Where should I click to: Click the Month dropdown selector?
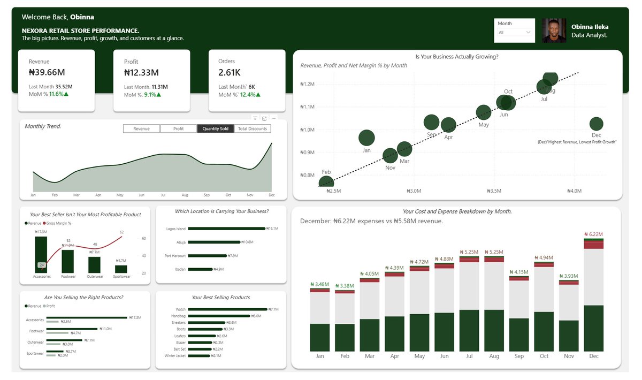(514, 33)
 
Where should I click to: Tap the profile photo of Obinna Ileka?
(554, 31)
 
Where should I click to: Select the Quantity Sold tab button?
(215, 128)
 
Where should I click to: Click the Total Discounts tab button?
(253, 128)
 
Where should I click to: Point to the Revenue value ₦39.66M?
(47, 72)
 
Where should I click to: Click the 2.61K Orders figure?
(230, 72)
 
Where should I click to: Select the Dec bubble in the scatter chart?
(596, 124)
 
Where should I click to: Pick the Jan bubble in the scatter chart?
(366, 138)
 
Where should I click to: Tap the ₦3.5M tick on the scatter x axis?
(494, 191)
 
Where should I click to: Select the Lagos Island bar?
(227, 229)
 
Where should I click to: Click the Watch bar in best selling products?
(227, 309)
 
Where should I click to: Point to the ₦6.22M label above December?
(593, 234)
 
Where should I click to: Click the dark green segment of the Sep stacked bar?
(519, 335)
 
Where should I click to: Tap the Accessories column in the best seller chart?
(41, 255)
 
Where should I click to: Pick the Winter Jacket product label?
(175, 355)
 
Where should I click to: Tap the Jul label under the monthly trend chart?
(163, 195)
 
